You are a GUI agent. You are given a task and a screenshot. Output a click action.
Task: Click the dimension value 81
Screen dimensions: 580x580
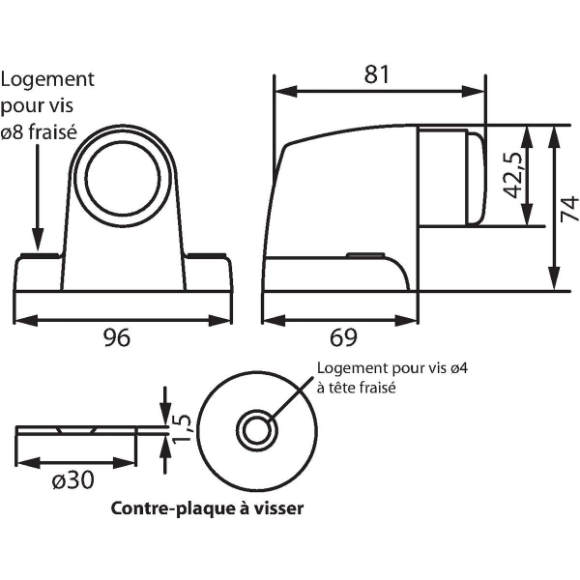(378, 72)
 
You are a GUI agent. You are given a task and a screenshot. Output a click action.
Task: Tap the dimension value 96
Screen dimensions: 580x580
(117, 337)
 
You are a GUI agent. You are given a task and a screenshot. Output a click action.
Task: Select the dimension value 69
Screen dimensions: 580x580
(343, 337)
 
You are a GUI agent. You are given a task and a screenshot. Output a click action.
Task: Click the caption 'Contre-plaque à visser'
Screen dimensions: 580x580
(207, 508)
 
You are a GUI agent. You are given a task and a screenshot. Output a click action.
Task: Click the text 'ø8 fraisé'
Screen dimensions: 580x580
(42, 131)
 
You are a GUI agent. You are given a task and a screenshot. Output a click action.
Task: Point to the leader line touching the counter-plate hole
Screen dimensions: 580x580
(290, 398)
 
